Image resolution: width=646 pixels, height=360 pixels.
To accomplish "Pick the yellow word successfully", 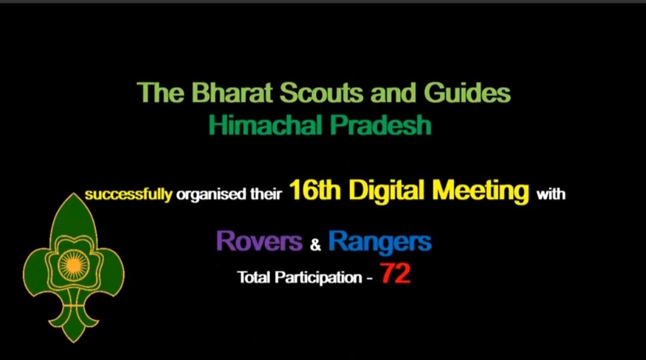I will click(129, 195).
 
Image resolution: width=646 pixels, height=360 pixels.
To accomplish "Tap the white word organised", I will click(206, 195).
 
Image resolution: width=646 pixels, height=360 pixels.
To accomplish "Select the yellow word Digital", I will click(387, 191).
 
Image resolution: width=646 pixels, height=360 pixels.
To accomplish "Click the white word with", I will click(551, 195).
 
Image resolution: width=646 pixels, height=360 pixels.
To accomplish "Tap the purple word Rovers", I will click(259, 241).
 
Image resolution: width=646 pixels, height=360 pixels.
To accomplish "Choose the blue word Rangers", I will click(380, 241).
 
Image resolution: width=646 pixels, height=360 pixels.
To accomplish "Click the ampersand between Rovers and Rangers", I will click(316, 244).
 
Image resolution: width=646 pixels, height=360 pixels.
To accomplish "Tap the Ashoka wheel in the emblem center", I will click(73, 264).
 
